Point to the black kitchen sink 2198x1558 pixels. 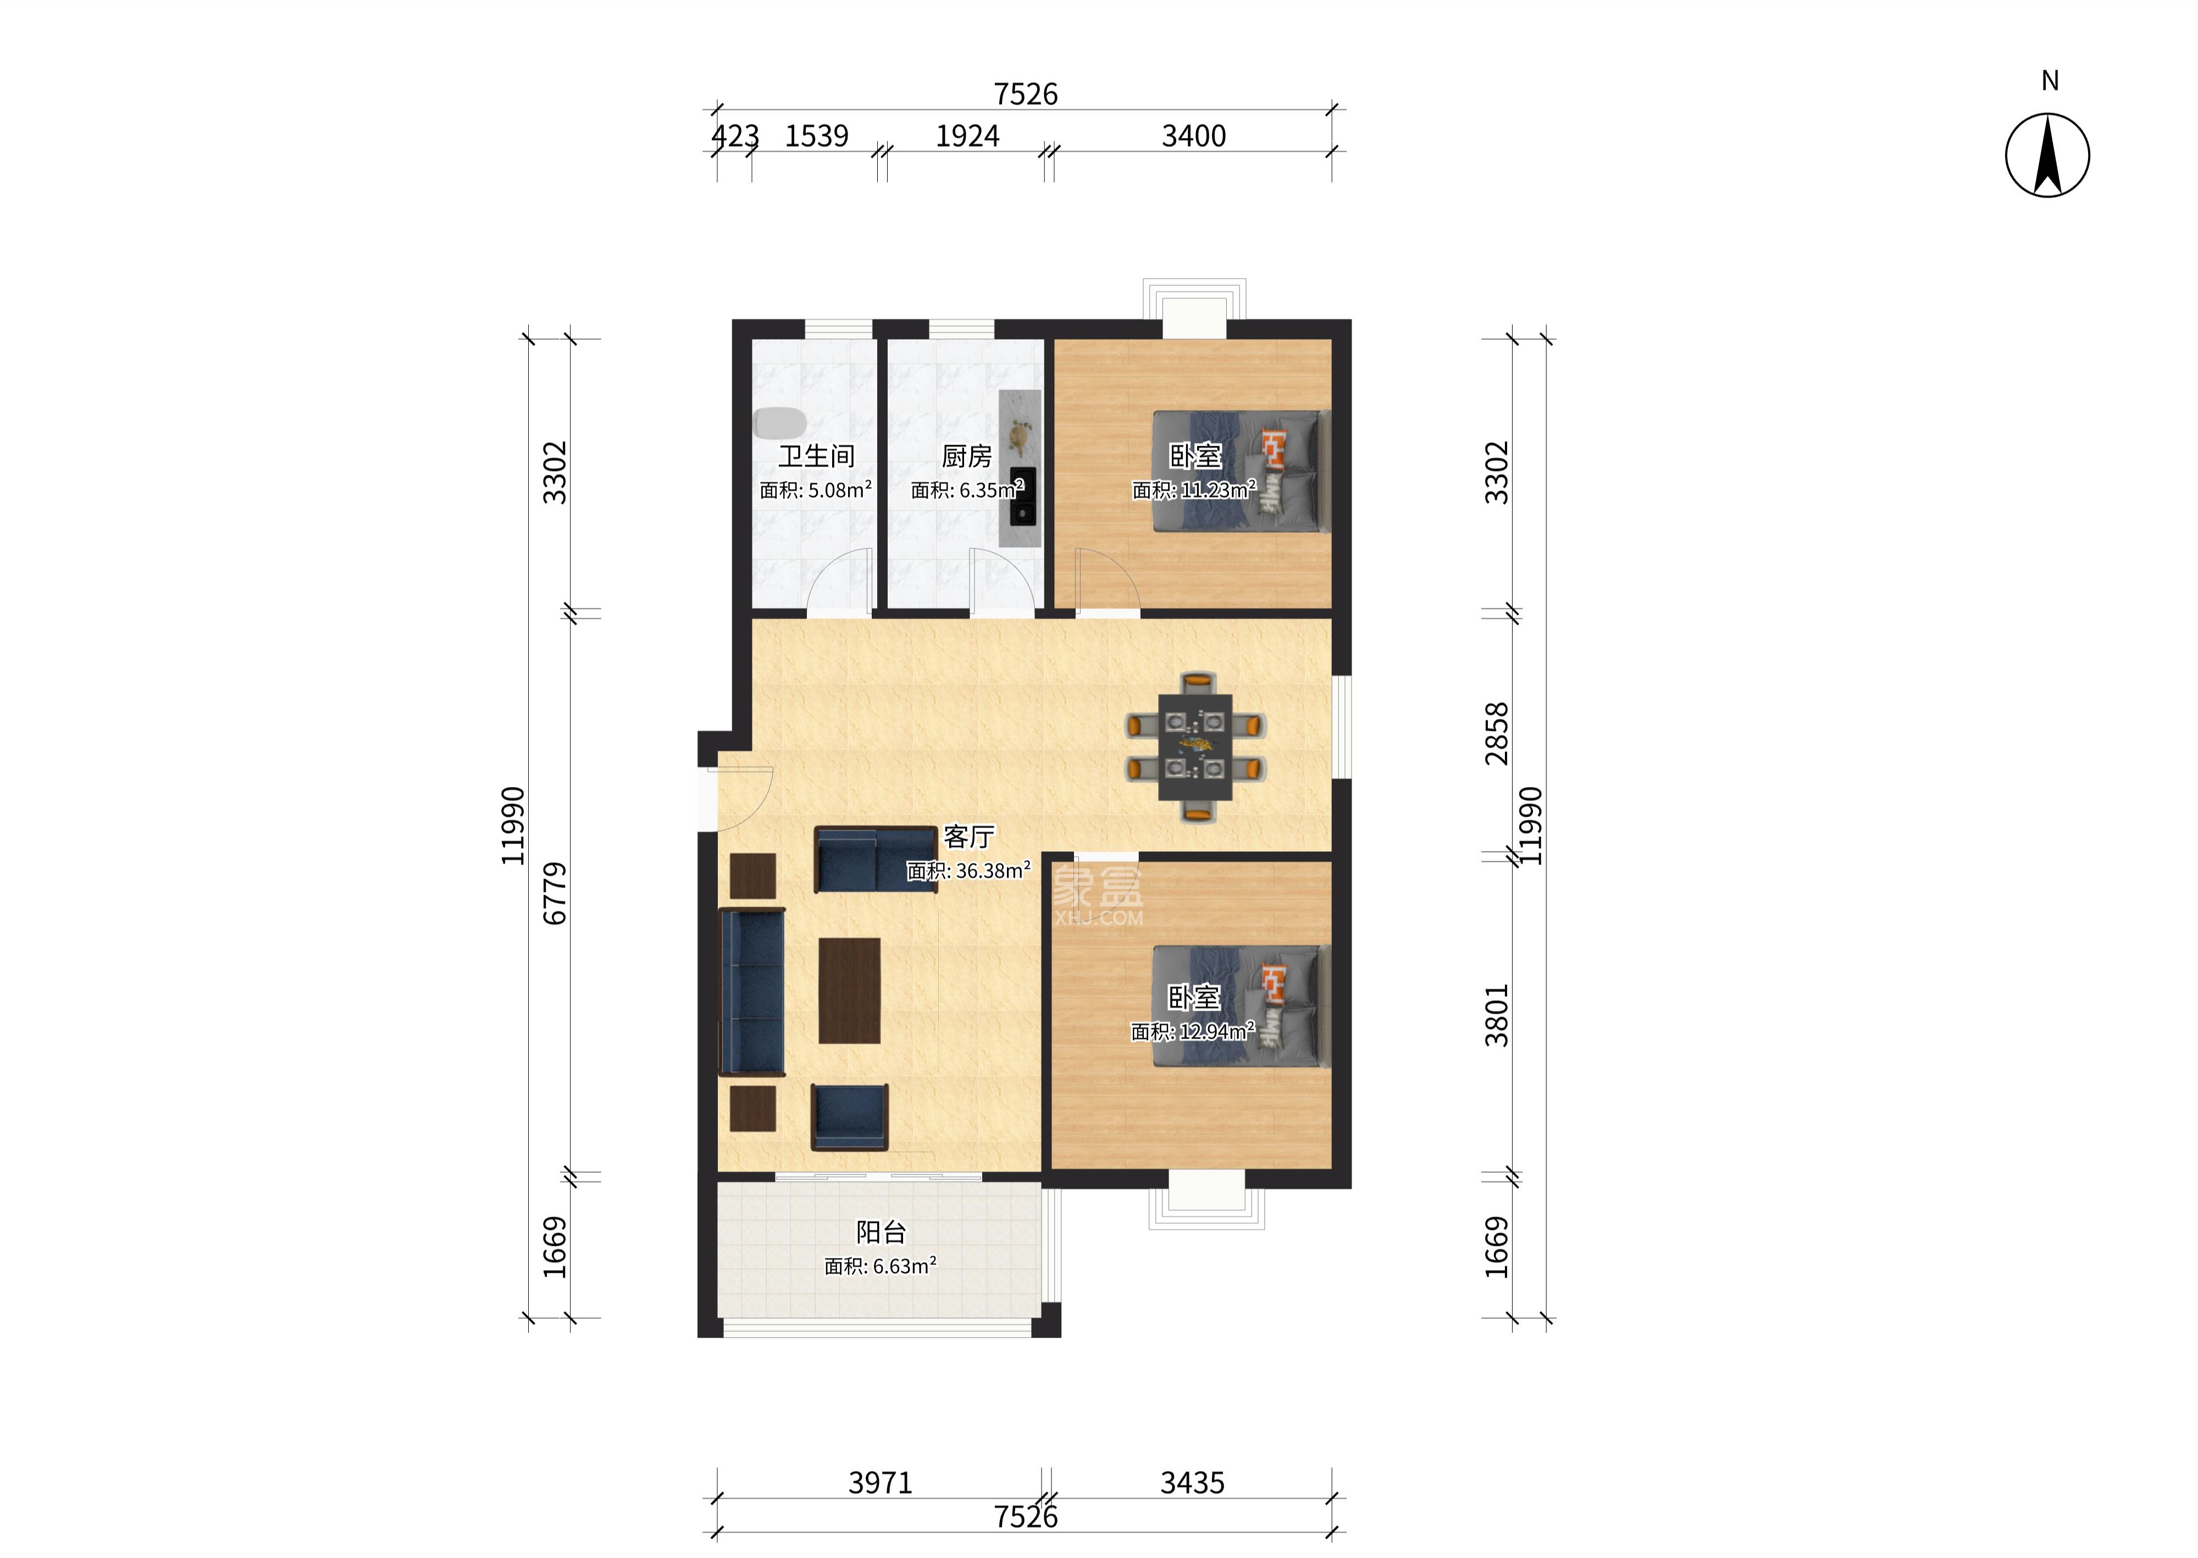click(x=1023, y=496)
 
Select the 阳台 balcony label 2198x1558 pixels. click(x=881, y=1232)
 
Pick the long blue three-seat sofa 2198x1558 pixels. click(x=752, y=992)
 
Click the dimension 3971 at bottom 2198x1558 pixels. click(x=880, y=1483)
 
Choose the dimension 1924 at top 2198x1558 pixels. click(x=967, y=136)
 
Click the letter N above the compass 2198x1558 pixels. click(x=2049, y=81)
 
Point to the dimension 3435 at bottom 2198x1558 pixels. click(x=1193, y=1483)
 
